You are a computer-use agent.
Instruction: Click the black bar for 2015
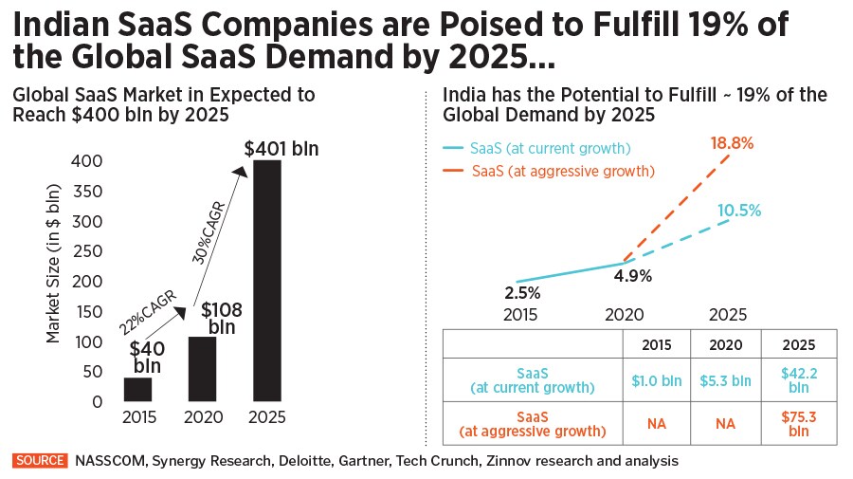[137, 389]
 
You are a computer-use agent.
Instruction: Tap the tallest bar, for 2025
[268, 281]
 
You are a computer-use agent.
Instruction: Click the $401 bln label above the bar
[281, 149]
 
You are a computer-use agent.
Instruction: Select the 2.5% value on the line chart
[522, 291]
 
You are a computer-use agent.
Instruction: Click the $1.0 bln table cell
[656, 381]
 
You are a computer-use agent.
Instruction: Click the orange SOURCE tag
[41, 461]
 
